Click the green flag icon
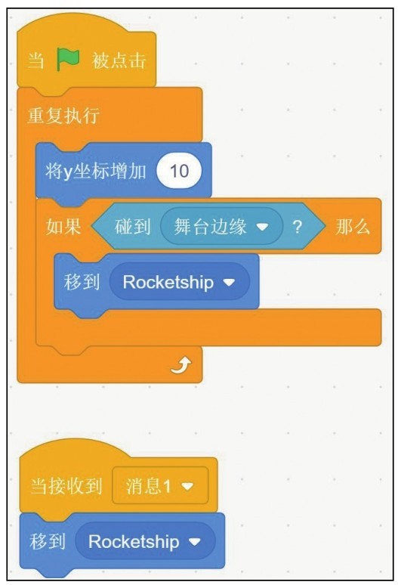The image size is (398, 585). pyautogui.click(x=68, y=59)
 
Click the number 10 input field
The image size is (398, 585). pyautogui.click(x=179, y=172)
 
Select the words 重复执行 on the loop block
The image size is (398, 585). pyautogui.click(x=63, y=116)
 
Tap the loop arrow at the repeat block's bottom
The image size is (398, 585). pyautogui.click(x=181, y=365)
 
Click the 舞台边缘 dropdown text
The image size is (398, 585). pyautogui.click(x=210, y=227)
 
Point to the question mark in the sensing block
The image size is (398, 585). pyautogui.click(x=297, y=227)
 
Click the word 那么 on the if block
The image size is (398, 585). pyautogui.click(x=353, y=227)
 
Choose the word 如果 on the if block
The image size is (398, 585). pyautogui.click(x=63, y=227)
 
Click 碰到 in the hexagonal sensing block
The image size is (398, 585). pyautogui.click(x=132, y=227)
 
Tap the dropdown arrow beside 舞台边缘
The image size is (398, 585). pyautogui.click(x=262, y=227)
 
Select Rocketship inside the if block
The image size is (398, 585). pyautogui.click(x=168, y=282)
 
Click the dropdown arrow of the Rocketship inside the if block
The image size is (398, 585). pyautogui.click(x=229, y=282)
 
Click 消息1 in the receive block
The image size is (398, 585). pyautogui.click(x=148, y=486)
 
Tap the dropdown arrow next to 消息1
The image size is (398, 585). pyautogui.click(x=187, y=486)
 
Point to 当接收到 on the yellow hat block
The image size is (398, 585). pyautogui.click(x=66, y=486)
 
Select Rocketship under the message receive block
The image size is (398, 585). pyautogui.click(x=134, y=542)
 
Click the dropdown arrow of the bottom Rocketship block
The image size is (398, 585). pyautogui.click(x=195, y=542)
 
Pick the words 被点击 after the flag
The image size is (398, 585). pyautogui.click(x=119, y=60)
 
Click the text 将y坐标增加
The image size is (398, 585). pyautogui.click(x=96, y=172)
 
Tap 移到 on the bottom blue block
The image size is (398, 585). pyautogui.click(x=48, y=542)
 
